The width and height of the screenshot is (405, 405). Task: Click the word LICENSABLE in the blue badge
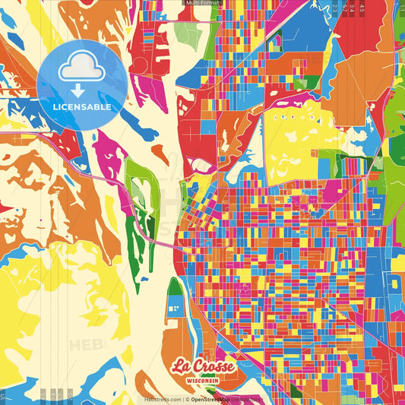coord(82,106)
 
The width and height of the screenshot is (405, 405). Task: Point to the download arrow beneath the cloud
coord(79,90)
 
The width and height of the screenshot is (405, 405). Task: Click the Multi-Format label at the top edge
coord(201,3)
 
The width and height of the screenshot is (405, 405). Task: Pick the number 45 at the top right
coord(363,8)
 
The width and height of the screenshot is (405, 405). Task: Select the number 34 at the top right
coord(353,8)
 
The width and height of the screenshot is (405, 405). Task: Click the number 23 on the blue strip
coord(335,8)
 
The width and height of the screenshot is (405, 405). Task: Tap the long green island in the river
coord(139,220)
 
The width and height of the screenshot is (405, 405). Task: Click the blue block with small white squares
coord(174,307)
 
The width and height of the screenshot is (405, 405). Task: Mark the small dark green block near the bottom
coord(175,287)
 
